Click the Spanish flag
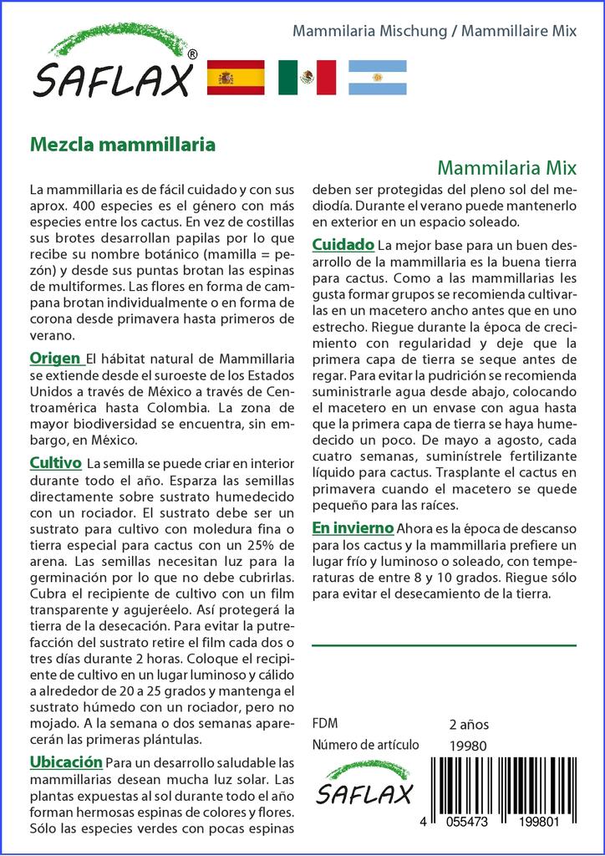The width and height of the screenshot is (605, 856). tap(236, 78)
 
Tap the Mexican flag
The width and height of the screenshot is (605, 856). tap(307, 78)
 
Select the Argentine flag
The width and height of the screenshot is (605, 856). tap(377, 78)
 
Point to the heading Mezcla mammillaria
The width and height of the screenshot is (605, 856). tap(123, 144)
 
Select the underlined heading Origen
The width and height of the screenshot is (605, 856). tap(55, 359)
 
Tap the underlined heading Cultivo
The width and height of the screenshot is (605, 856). tap(55, 462)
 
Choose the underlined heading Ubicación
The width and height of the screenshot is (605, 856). tap(66, 762)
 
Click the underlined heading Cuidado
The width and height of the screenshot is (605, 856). tap(343, 244)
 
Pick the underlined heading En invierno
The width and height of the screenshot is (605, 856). tap(353, 527)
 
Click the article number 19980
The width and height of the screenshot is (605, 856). tap(466, 746)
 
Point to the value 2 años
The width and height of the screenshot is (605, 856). tap(469, 724)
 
